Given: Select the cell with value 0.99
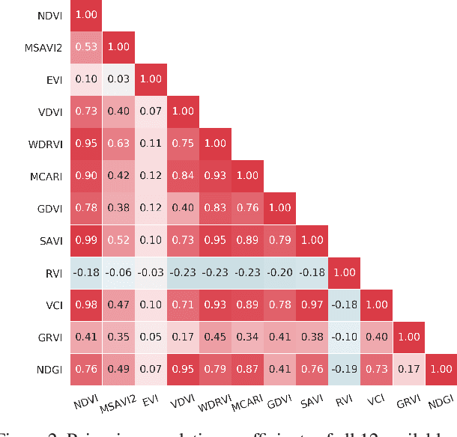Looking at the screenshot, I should coord(86,241).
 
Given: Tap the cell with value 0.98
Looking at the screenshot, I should coord(86,305).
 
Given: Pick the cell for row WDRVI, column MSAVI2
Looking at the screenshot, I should coord(118,144).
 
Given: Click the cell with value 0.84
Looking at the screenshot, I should coord(183,177).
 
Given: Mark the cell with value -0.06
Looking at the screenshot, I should coord(118,273).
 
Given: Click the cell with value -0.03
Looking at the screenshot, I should coord(151,273).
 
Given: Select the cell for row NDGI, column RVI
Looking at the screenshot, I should coord(344,370).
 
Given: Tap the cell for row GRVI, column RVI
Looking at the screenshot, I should coord(344,337).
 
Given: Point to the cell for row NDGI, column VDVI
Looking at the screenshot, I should coord(183,370).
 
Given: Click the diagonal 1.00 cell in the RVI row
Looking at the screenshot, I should coord(344,273).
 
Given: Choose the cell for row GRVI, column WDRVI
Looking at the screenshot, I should coord(215,337).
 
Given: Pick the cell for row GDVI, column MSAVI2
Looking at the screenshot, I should coord(118,209).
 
